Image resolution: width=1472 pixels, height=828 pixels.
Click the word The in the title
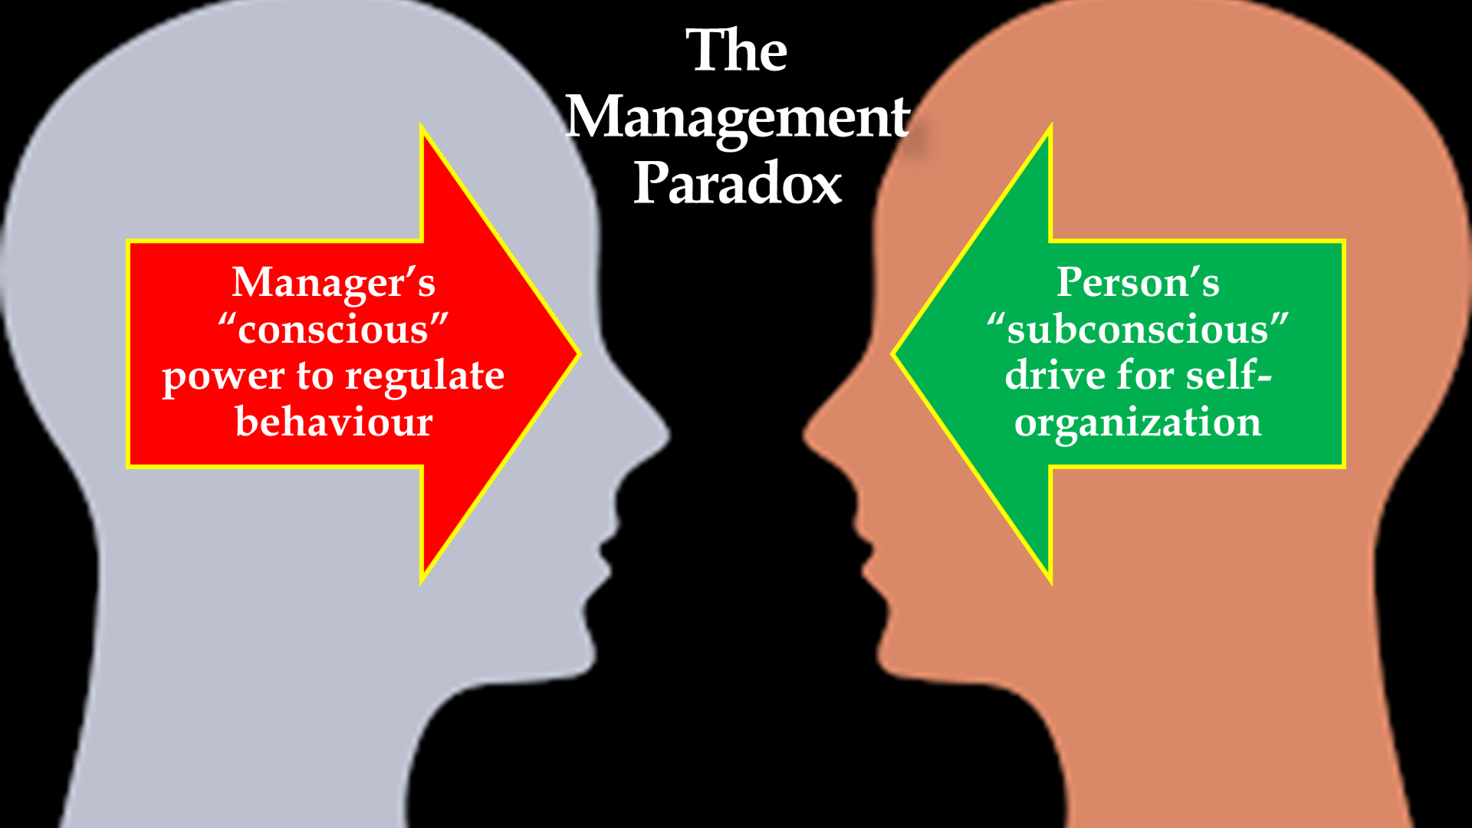coord(736,51)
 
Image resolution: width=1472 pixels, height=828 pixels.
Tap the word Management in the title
coord(738,117)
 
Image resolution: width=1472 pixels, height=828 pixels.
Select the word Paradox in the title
coord(738,184)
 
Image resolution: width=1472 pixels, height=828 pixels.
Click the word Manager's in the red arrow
coord(333,282)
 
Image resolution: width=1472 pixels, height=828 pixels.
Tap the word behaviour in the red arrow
coord(333,422)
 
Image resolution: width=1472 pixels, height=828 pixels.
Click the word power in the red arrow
coord(224,377)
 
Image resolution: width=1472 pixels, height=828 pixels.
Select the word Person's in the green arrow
coord(1138,282)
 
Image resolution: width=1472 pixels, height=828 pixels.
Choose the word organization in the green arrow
coord(1138,422)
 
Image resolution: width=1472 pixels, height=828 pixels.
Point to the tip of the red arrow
coord(578,353)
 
